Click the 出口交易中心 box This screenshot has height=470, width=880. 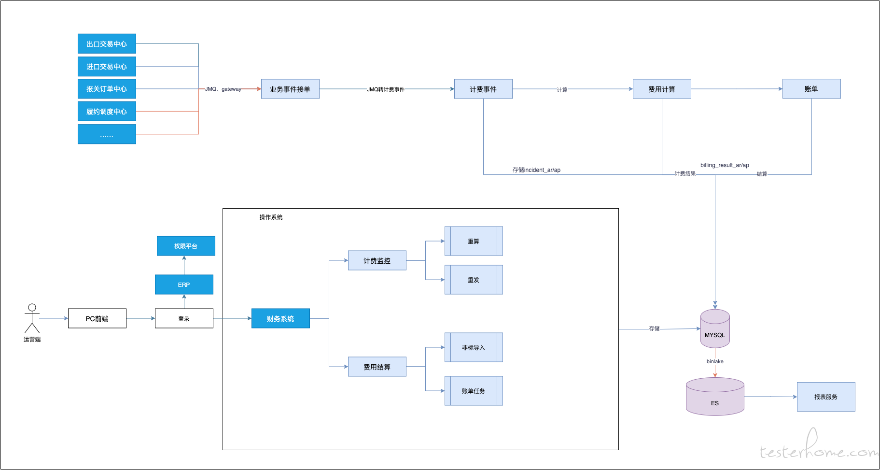pyautogui.click(x=107, y=43)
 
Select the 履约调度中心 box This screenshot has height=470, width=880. pyautogui.click(x=107, y=111)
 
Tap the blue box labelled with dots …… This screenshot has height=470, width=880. pyautogui.click(x=107, y=134)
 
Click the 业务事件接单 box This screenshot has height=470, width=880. pyautogui.click(x=290, y=89)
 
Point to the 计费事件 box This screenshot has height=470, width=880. pyautogui.click(x=483, y=89)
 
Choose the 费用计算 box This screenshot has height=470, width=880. pyautogui.click(x=662, y=89)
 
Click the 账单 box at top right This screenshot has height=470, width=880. pyautogui.click(x=811, y=89)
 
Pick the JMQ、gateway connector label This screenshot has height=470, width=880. pyautogui.click(x=223, y=89)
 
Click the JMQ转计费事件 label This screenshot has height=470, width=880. pyautogui.click(x=386, y=89)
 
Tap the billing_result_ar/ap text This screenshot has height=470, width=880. pyautogui.click(x=725, y=165)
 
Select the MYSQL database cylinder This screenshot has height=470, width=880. pyautogui.click(x=715, y=328)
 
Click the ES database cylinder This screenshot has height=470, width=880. pyautogui.click(x=715, y=396)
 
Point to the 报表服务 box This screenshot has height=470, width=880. pyautogui.click(x=826, y=397)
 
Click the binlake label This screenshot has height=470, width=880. pyautogui.click(x=715, y=361)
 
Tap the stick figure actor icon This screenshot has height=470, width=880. pyautogui.click(x=32, y=318)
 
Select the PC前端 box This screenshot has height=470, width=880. pyautogui.click(x=97, y=318)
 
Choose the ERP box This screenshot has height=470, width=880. pyautogui.click(x=184, y=285)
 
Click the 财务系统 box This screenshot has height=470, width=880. pyautogui.click(x=280, y=318)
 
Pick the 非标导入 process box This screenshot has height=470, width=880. pyautogui.click(x=474, y=347)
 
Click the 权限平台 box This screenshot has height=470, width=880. pyautogui.click(x=186, y=246)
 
